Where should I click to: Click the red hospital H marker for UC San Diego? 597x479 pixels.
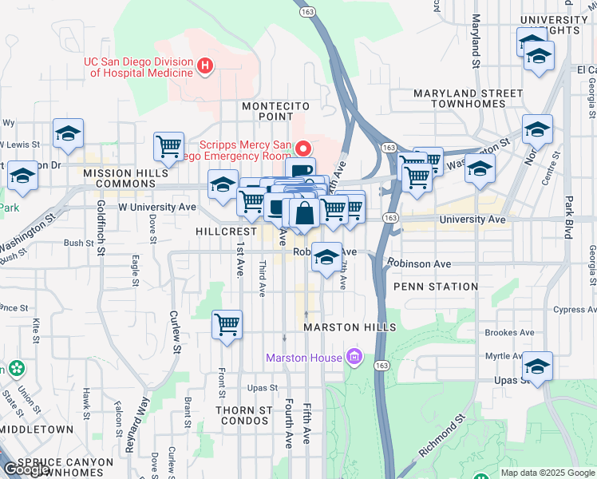(206, 65)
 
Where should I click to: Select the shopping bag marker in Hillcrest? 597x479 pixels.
(305, 213)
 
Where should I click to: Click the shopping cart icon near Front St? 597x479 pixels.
(227, 325)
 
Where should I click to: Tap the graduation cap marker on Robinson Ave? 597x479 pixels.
(326, 257)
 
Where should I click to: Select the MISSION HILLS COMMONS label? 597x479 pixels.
(119, 178)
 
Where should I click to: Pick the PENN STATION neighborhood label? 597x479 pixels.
(436, 287)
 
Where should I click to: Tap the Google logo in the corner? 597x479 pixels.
(26, 469)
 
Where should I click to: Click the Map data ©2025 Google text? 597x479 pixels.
(547, 473)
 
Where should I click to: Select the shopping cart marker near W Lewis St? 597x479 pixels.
(168, 146)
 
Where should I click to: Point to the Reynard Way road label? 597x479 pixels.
(136, 426)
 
